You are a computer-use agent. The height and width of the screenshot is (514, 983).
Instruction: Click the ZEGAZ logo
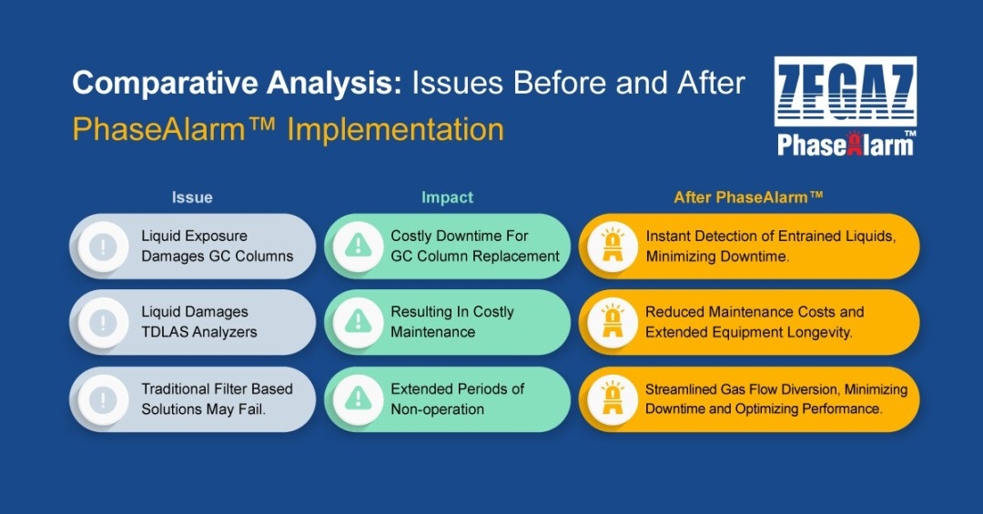tap(845, 92)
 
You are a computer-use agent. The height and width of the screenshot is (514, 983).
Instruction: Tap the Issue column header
tap(192, 197)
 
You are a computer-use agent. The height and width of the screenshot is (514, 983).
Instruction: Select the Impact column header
tap(447, 197)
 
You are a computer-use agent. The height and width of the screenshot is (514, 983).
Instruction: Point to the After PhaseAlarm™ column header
tap(748, 197)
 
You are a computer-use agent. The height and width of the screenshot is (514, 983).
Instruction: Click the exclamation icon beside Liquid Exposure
tap(103, 246)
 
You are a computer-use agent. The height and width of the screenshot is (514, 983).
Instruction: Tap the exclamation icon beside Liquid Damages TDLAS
tap(103, 322)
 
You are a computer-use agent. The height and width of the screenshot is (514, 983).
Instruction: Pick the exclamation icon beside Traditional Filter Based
tap(103, 399)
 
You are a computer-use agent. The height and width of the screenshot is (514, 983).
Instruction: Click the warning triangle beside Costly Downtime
tap(358, 246)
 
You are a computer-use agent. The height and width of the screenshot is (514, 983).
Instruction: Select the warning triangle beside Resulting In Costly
tap(358, 322)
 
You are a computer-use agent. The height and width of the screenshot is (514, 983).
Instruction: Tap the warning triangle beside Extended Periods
tap(358, 399)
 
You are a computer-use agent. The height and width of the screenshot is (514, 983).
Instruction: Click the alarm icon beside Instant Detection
tap(613, 246)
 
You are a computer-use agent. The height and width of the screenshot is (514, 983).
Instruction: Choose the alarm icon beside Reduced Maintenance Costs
tap(613, 322)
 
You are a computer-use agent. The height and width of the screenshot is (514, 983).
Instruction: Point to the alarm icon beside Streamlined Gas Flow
tap(613, 399)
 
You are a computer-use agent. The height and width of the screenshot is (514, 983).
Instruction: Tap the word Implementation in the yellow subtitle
tap(396, 130)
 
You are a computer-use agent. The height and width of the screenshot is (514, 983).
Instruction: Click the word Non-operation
tap(438, 409)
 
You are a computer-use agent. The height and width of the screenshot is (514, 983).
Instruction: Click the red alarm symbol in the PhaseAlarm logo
tap(853, 144)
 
